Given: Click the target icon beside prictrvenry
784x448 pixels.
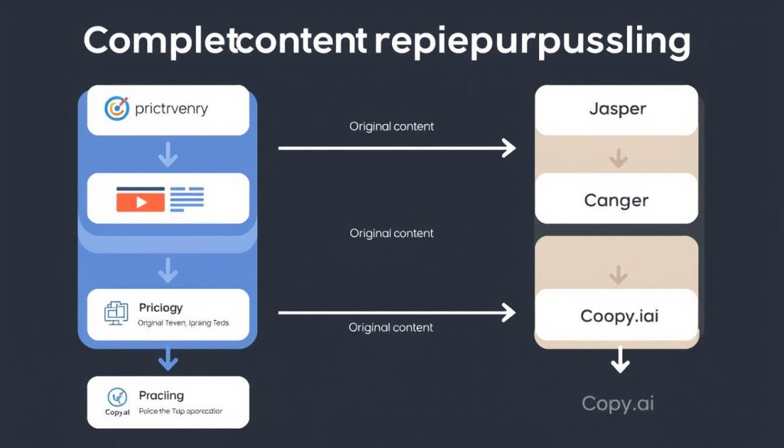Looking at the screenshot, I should pos(116,109).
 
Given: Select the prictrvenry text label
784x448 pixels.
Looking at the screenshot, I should pos(171,109).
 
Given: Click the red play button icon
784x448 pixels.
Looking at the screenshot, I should pos(140,201).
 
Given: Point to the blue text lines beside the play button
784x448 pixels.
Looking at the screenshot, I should pos(188,198).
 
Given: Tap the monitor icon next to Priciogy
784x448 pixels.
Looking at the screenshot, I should pos(114,312).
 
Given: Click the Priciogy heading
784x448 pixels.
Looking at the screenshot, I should pos(161,307).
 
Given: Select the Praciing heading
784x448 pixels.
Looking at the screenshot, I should pos(161,395).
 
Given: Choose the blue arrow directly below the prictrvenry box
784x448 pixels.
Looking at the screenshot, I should pos(168,155).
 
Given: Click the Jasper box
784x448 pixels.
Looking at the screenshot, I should pos(617,110).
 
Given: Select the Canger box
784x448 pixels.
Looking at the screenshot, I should pos(617,201).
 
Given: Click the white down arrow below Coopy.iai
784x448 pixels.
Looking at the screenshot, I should pos(619,361).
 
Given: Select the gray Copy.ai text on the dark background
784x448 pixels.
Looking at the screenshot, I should pos(618,403).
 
